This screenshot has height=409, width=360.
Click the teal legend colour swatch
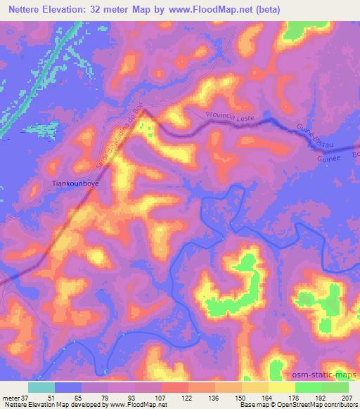pyautogui.click(x=41, y=387)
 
